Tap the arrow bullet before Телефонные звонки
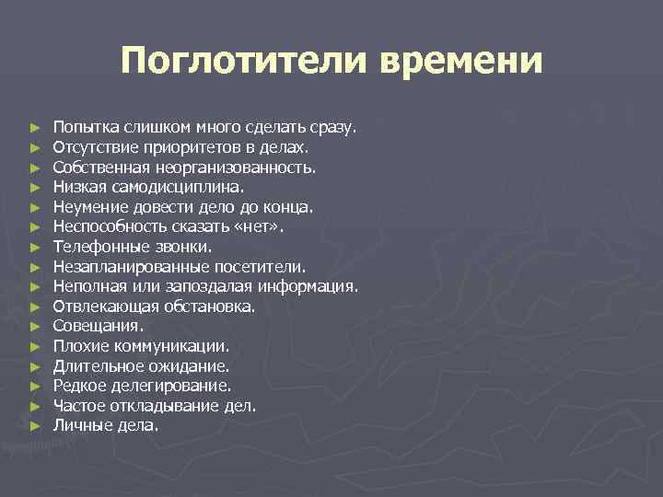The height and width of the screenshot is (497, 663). click(x=34, y=247)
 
